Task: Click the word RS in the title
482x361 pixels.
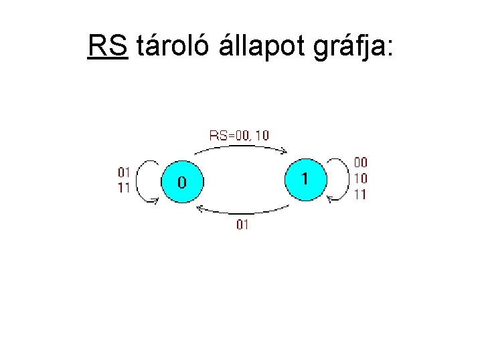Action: (107, 46)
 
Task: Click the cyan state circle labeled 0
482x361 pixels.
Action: (181, 182)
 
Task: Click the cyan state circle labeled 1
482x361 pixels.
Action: (305, 178)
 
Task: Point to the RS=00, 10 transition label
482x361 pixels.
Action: (240, 135)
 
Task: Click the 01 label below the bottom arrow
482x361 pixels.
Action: (242, 225)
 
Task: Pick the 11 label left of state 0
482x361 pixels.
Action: (124, 187)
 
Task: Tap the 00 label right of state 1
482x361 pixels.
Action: (360, 162)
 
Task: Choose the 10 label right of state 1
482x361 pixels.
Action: (360, 178)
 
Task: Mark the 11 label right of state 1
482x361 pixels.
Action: (360, 195)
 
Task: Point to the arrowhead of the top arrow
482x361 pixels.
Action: (284, 152)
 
